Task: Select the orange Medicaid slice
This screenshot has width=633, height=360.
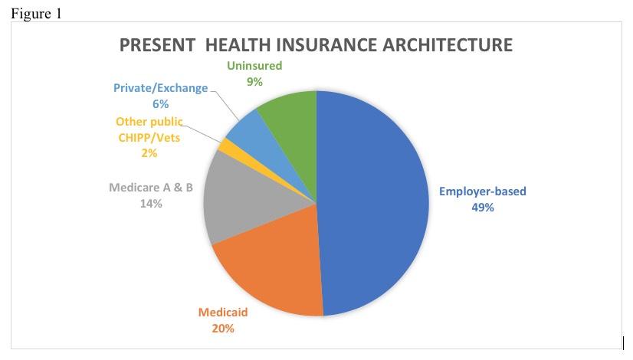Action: [268, 268]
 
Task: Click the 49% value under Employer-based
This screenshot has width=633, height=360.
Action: [483, 207]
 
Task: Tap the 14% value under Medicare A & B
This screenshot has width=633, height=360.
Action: [151, 204]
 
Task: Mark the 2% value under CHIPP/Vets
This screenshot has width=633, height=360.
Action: [149, 153]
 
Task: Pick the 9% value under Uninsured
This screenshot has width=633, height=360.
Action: [254, 82]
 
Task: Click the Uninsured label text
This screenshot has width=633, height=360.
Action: [254, 66]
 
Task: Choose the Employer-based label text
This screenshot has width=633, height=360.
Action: [482, 191]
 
